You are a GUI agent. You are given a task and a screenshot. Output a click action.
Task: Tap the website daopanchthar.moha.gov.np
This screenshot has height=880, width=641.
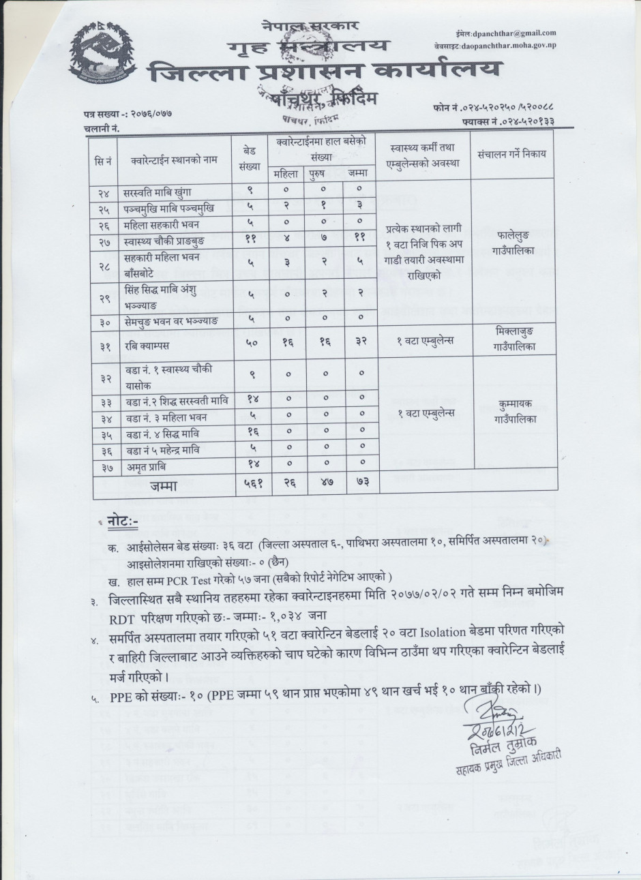516,44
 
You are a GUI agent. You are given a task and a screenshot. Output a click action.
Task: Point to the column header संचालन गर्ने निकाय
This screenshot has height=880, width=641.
512,155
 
